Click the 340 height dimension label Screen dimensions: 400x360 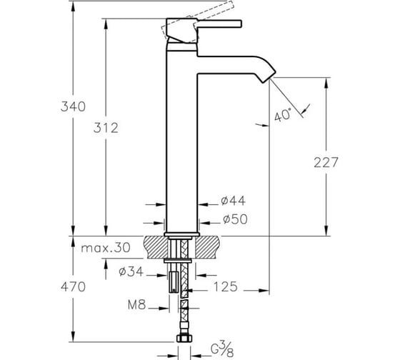point(73,106)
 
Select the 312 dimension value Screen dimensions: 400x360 point(106,128)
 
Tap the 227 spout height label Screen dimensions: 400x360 point(326,163)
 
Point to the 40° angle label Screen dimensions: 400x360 point(283,115)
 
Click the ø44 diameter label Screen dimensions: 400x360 point(233,201)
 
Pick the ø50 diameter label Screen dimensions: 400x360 point(235,219)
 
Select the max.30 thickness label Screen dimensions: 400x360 point(106,247)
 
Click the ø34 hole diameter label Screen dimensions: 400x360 point(131,271)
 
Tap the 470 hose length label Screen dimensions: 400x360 point(73,287)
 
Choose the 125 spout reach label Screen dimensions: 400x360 point(226,286)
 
